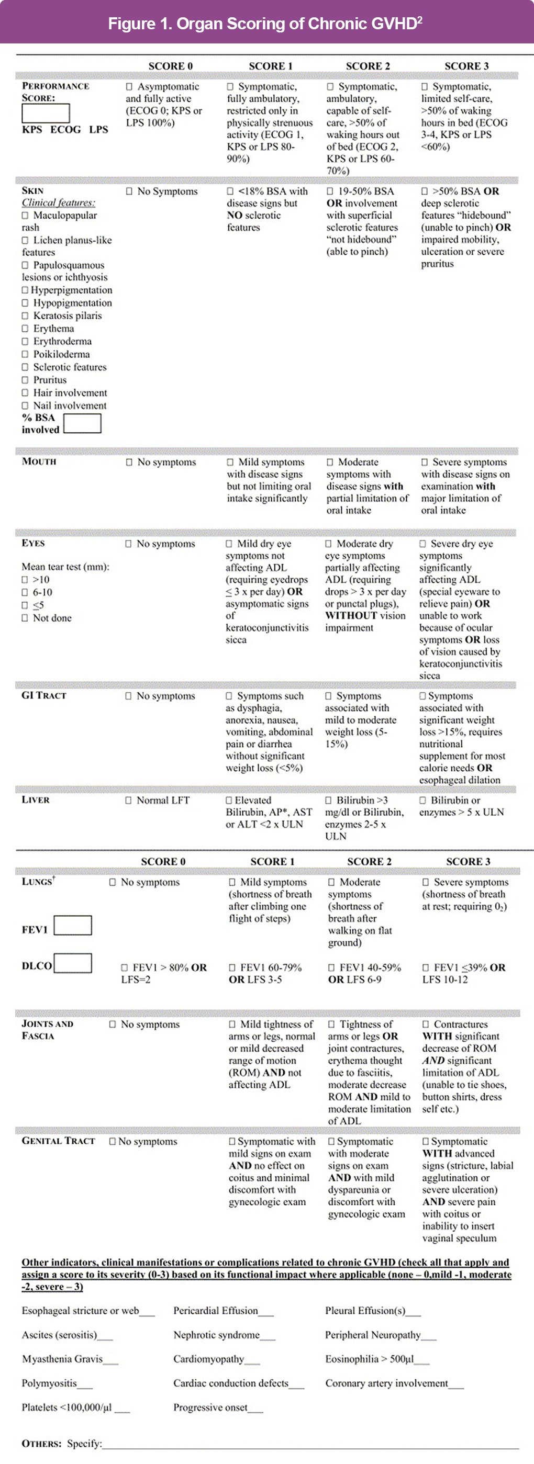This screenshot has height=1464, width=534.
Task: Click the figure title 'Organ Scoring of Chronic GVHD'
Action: click(x=265, y=24)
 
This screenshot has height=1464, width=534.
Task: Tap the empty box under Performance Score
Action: click(x=46, y=113)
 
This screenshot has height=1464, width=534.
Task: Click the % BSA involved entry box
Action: click(x=83, y=423)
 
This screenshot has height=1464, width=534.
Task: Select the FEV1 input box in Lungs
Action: click(x=73, y=925)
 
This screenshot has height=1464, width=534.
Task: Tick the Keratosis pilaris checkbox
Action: click(x=25, y=316)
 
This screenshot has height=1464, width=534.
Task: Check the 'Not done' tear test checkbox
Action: click(x=25, y=618)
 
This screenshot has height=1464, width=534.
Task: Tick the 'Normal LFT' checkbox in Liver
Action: click(x=128, y=800)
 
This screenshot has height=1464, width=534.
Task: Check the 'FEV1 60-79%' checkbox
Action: click(x=232, y=967)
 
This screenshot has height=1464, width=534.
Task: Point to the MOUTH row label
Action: click(x=39, y=461)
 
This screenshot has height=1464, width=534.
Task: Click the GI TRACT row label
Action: click(x=44, y=695)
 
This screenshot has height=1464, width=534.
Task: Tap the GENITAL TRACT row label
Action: click(x=58, y=1141)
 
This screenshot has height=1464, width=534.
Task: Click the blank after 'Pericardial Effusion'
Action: click(x=266, y=1312)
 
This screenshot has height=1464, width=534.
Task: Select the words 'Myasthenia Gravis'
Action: click(x=62, y=1359)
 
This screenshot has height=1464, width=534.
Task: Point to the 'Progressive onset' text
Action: click(x=210, y=1407)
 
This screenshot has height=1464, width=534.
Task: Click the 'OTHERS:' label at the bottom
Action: click(x=41, y=1444)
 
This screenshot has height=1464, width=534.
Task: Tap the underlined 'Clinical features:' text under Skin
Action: click(x=59, y=203)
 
